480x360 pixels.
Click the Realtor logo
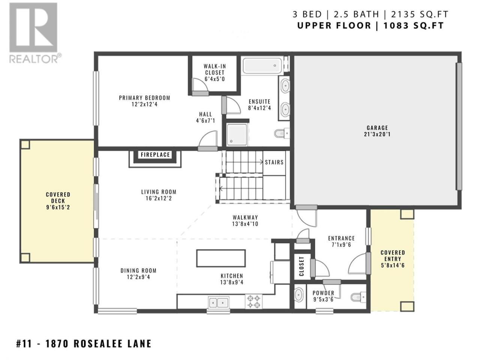tap(35, 33)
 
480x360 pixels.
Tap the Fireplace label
tap(155, 155)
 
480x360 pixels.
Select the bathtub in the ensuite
tap(262, 66)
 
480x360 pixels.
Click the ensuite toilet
tap(282, 133)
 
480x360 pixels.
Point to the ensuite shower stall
tap(237, 134)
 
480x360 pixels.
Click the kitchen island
tap(221, 258)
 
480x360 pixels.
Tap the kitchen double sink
tap(219, 303)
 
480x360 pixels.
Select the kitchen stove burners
tap(253, 301)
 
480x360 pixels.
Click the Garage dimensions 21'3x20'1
tap(377, 134)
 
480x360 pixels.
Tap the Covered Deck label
tap(58, 197)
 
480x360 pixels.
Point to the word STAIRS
tap(274, 162)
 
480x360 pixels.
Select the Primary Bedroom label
tap(144, 98)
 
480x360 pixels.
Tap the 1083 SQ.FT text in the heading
tap(414, 25)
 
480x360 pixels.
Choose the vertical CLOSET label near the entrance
tap(301, 266)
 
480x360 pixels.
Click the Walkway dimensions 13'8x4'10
tap(245, 224)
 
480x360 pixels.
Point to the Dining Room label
tap(138, 271)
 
